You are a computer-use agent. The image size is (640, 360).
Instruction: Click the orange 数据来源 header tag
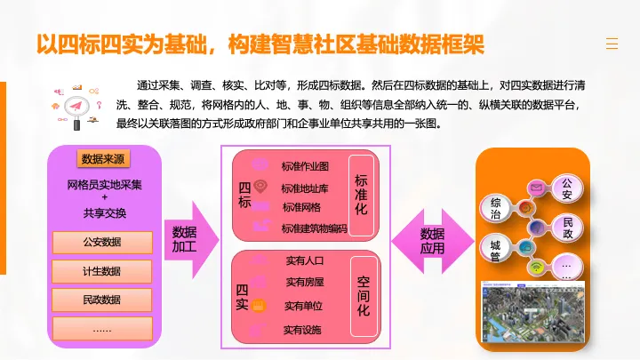pos(103,159)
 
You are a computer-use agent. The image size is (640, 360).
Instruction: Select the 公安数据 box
pos(102,242)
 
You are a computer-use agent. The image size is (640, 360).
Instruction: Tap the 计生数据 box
pos(102,271)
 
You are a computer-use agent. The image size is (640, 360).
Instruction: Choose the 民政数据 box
pos(102,300)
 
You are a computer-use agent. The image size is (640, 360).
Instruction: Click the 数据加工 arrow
pos(191,240)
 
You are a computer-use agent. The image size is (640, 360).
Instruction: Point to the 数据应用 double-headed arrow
pos(433,241)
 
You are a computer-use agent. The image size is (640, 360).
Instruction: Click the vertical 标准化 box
pos(361,195)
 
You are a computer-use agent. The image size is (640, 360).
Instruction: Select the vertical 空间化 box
pos(364,296)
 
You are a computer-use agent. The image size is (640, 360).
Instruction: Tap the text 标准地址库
pos(305,188)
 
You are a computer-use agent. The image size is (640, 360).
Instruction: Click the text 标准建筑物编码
pos(315,228)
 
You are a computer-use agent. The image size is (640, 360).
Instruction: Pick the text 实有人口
pos(305,260)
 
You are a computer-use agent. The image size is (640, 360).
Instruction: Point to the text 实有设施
pos(302,330)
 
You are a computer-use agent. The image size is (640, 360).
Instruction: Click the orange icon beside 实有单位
pos(258,305)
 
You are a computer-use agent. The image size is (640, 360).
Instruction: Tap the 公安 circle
pos(567,188)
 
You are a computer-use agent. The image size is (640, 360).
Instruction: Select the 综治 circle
pos(495,208)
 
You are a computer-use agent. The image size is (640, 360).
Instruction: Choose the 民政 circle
pos(568,228)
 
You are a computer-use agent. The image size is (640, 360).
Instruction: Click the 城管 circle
pos(495,250)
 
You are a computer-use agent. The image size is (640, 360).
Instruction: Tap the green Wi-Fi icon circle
pos(536,268)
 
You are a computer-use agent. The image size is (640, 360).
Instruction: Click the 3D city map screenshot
pos(533,311)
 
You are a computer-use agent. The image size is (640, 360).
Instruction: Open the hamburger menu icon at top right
pos(612,44)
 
